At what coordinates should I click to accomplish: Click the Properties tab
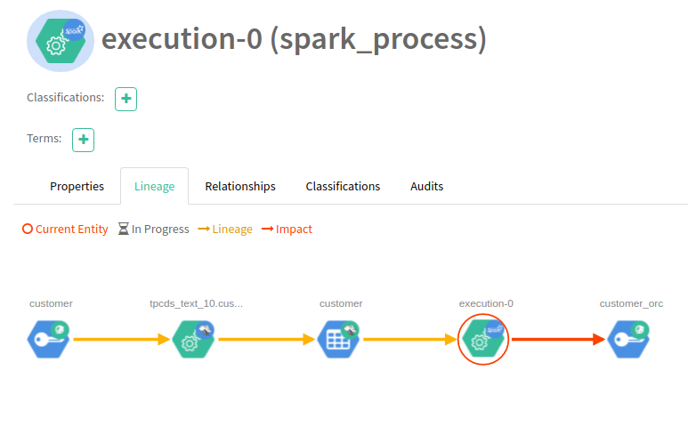[x=77, y=187]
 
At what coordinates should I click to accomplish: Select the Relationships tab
[x=240, y=187]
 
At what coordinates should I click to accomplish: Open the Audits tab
[x=426, y=187]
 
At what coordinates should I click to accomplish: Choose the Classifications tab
[x=343, y=187]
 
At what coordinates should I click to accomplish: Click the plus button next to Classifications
[x=126, y=99]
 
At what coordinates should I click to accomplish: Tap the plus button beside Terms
[x=83, y=140]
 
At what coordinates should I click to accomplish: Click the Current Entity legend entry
[x=65, y=230]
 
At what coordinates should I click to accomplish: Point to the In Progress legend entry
[x=153, y=230]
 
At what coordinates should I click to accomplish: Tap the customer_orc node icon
[x=628, y=339]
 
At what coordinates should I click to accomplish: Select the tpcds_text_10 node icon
[x=193, y=339]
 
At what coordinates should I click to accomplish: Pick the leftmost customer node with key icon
[x=48, y=339]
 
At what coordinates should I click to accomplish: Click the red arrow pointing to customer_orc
[x=556, y=339]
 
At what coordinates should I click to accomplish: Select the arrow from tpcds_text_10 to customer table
[x=266, y=339]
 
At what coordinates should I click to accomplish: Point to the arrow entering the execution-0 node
[x=411, y=339]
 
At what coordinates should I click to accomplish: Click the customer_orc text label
[x=631, y=303]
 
